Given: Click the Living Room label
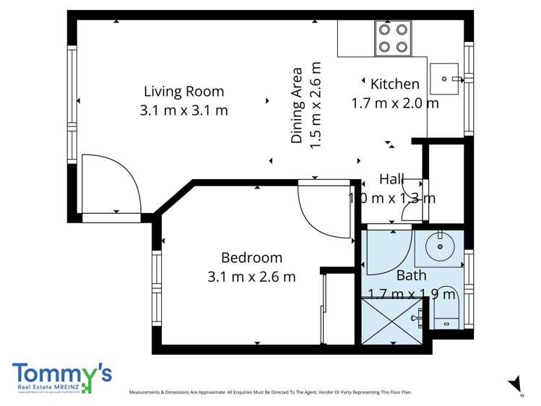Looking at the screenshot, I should pyautogui.click(x=183, y=92).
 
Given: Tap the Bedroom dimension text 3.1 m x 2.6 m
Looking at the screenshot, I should pyautogui.click(x=251, y=276).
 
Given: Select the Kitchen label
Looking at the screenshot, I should pyautogui.click(x=394, y=85).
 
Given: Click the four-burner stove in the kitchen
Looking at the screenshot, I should pyautogui.click(x=393, y=38).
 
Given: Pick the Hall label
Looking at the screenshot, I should pyautogui.click(x=392, y=179).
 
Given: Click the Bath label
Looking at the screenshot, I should pyautogui.click(x=411, y=275).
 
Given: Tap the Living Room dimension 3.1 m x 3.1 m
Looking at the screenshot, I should pyautogui.click(x=183, y=111).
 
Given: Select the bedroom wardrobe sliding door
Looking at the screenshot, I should pyautogui.click(x=323, y=309).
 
